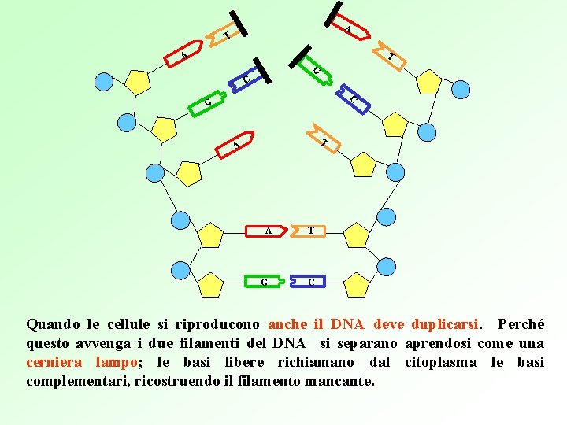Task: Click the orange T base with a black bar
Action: [x=225, y=35]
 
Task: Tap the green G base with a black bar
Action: [x=313, y=69]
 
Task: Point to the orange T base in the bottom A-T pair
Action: [x=312, y=231]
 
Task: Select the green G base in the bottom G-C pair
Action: [x=265, y=281]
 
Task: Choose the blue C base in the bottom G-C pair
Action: [x=312, y=281]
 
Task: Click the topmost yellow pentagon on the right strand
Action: [x=428, y=82]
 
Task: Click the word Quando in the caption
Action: [x=53, y=324]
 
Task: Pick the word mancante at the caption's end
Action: [x=346, y=381]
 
